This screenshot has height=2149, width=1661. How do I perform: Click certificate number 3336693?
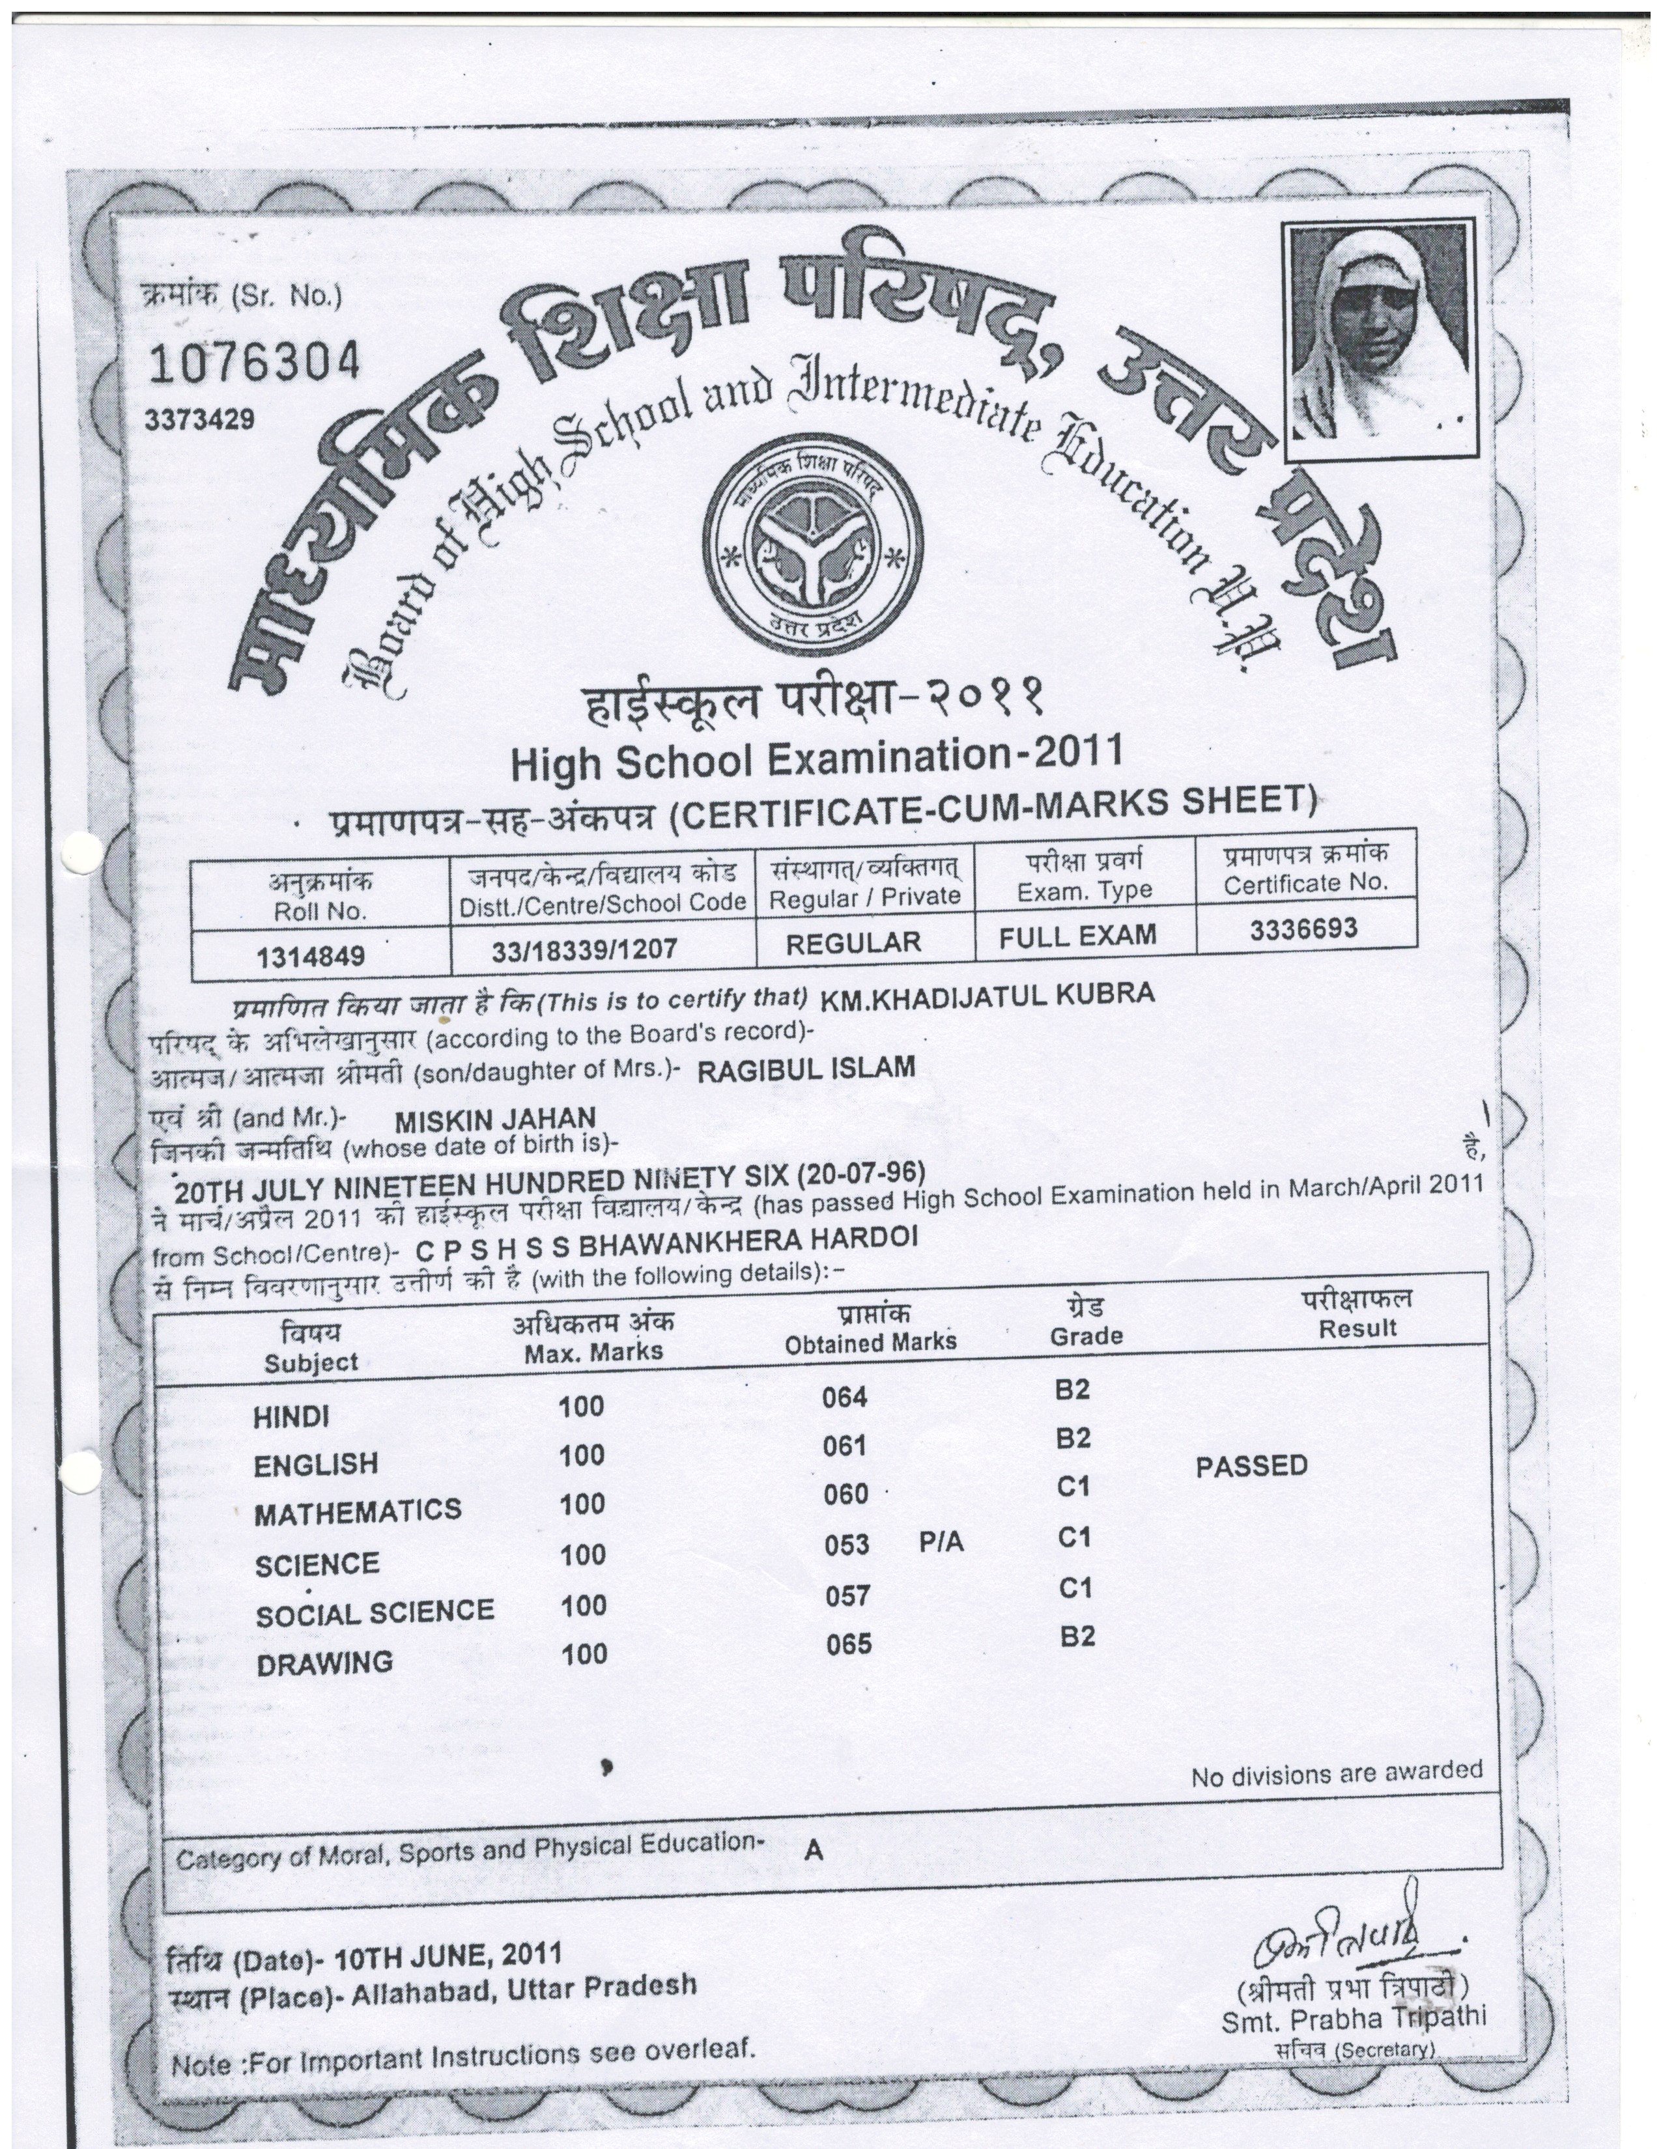tap(1304, 928)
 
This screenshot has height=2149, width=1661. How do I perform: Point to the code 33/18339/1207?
tap(584, 948)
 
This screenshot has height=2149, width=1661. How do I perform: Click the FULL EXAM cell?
tap(1077, 934)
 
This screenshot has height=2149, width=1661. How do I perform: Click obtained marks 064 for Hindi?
tap(844, 1398)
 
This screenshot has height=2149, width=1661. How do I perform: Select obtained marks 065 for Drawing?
tap(848, 1644)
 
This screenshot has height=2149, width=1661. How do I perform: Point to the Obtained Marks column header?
tap(870, 1341)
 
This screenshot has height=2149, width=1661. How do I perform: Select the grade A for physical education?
tap(813, 1851)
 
